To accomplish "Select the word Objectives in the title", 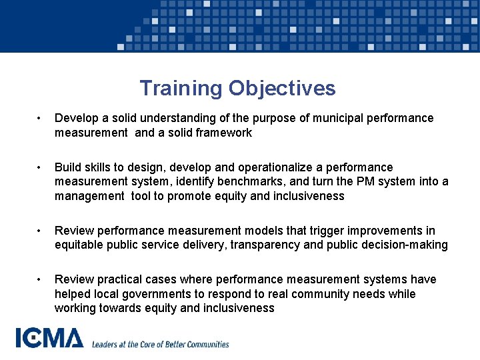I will tap(282, 88).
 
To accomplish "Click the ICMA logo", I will tap(50, 338).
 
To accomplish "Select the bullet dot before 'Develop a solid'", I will tap(41, 119).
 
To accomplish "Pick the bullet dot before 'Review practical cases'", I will tap(41, 280).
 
